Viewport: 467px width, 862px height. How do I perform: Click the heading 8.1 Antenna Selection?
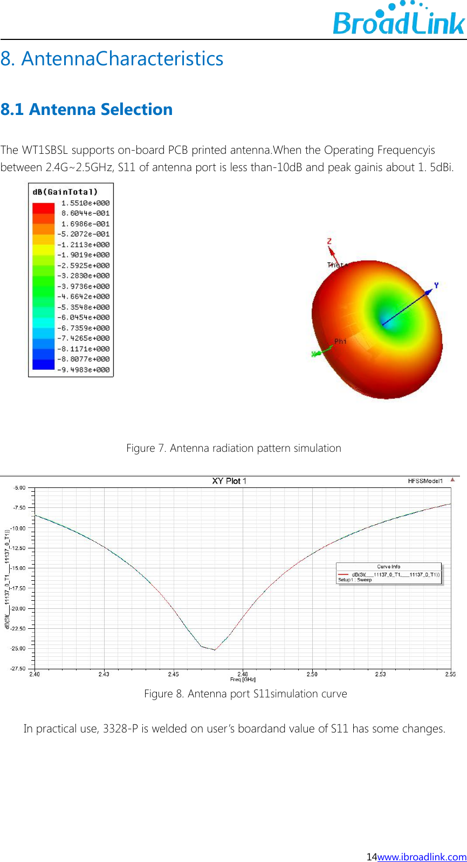(86, 109)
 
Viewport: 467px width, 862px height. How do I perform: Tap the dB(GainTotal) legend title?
(65, 192)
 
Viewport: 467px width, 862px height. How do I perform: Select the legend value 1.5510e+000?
(85, 203)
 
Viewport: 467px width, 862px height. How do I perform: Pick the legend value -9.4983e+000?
(84, 370)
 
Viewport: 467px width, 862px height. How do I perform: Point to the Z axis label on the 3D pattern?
(329, 241)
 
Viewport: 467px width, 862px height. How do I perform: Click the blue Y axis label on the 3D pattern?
(436, 285)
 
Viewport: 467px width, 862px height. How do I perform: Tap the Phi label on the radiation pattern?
(340, 341)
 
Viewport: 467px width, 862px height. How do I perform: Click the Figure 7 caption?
(233, 448)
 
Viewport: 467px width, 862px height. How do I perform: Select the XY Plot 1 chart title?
(229, 481)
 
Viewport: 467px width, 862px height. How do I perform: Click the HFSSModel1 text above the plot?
(425, 481)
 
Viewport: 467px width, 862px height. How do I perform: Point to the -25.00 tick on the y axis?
(19, 648)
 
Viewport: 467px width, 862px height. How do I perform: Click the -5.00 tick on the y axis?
(19, 487)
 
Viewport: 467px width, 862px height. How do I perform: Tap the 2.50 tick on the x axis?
(312, 674)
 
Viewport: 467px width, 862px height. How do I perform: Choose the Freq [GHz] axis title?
(243, 680)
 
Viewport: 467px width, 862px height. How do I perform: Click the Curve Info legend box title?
(388, 567)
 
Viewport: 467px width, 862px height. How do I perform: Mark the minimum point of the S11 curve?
(215, 650)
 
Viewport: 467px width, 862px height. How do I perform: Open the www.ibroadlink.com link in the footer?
(422, 857)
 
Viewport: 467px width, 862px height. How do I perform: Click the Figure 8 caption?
(245, 694)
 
